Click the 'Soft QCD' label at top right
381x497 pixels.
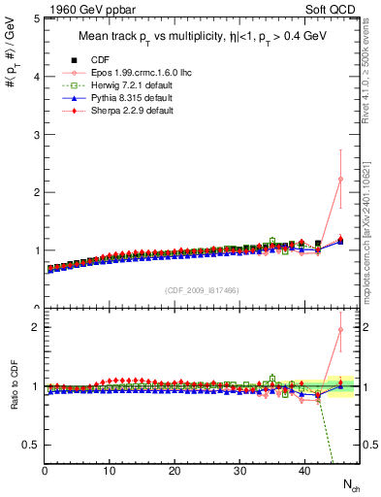[333, 9]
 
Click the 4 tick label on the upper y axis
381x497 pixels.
[37, 77]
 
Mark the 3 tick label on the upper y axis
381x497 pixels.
[37, 135]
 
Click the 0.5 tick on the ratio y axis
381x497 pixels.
[31, 445]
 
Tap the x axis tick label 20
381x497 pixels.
[175, 472]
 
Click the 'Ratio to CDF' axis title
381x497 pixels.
[15, 401]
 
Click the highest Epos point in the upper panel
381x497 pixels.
[340, 179]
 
